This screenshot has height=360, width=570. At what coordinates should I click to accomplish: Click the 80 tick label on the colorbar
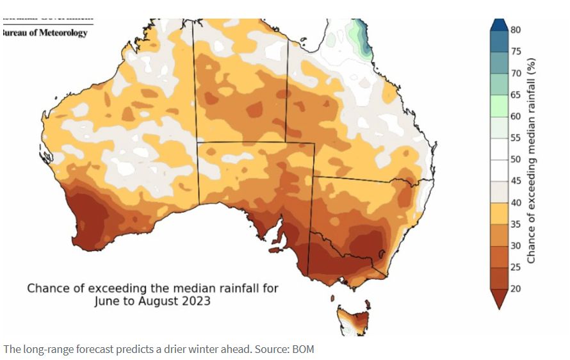[516, 29]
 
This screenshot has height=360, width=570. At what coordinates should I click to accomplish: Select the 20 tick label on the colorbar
[516, 289]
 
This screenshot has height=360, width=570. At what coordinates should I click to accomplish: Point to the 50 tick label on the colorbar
[516, 159]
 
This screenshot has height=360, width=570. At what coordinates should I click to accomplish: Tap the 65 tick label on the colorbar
[516, 94]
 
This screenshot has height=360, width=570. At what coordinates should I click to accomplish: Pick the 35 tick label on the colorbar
[516, 224]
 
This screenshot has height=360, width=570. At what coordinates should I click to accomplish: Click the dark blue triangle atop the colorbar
[499, 24]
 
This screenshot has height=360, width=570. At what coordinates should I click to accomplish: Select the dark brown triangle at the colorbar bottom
[499, 299]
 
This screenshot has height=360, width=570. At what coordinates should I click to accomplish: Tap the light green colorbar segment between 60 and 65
[499, 106]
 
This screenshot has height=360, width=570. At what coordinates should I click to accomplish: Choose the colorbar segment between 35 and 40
[499, 213]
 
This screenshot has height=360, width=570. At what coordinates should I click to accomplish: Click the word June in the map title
[106, 301]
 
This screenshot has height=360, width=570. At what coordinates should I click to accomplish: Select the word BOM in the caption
[304, 349]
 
